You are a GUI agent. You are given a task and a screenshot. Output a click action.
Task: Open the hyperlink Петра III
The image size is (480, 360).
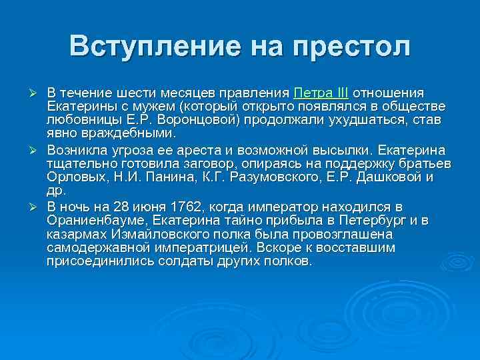coord(321,92)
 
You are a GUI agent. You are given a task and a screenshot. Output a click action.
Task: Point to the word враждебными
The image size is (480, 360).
coord(116,133)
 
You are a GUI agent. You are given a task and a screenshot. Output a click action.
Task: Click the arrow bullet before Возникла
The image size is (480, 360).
coord(38,149)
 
